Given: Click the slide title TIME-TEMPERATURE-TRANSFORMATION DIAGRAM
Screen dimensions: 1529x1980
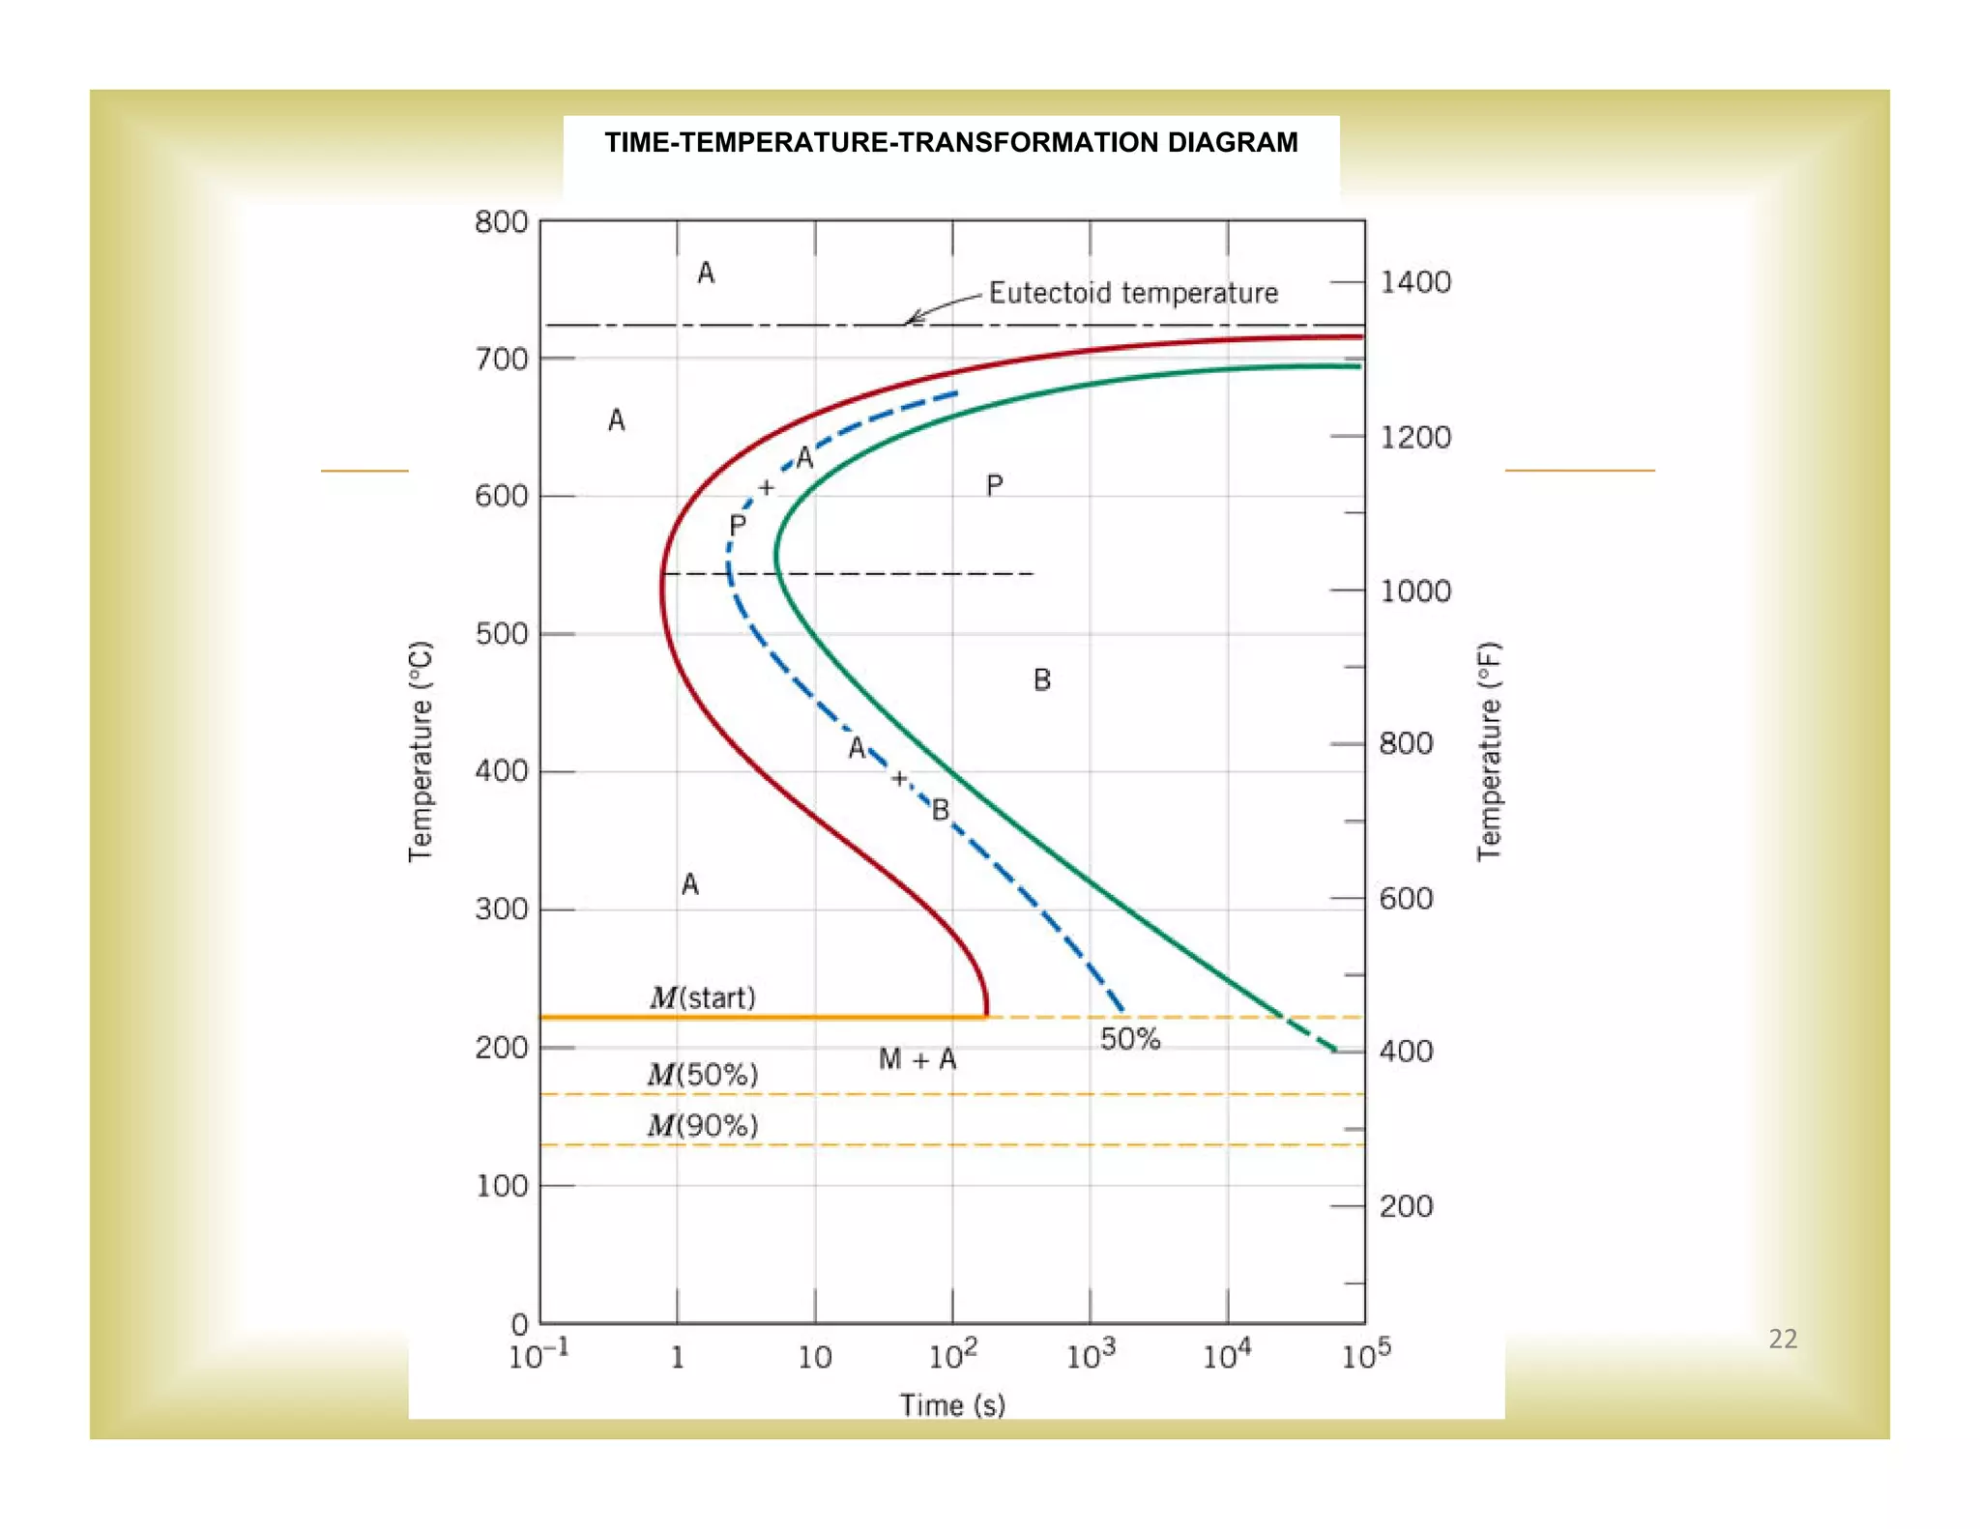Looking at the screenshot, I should click(950, 143).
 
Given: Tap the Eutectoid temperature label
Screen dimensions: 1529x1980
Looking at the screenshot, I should click(1132, 293).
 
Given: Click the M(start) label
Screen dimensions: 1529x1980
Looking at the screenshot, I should click(702, 997).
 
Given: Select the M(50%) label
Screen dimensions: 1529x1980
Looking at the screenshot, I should click(702, 1075).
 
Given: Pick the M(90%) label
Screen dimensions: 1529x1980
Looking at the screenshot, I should click(702, 1126).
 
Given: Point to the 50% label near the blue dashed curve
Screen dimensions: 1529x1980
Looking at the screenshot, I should click(1129, 1040).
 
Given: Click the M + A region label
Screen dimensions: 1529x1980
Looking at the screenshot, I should click(917, 1060).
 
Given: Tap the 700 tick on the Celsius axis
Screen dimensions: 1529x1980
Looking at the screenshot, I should click(501, 360).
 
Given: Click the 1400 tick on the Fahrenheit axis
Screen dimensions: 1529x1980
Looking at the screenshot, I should click(1414, 282).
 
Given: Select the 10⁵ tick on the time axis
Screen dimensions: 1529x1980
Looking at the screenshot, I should click(1365, 1355).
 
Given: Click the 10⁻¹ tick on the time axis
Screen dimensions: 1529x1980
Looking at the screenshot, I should click(538, 1355).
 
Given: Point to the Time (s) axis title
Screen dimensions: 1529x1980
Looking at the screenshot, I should click(952, 1405).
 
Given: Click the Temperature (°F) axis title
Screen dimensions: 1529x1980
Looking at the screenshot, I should click(1489, 751).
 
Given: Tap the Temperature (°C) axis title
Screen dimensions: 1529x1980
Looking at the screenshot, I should click(420, 751).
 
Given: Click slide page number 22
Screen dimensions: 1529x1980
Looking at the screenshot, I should click(1782, 1340).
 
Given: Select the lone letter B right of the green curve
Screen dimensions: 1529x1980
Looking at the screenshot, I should click(1041, 680).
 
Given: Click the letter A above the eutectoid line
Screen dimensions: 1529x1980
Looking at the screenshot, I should click(706, 274).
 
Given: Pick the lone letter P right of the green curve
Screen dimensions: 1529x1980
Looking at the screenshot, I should click(994, 485).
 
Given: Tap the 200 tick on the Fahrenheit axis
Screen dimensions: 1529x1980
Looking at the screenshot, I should click(1405, 1206).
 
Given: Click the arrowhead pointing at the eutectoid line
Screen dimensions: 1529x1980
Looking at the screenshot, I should click(911, 319).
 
